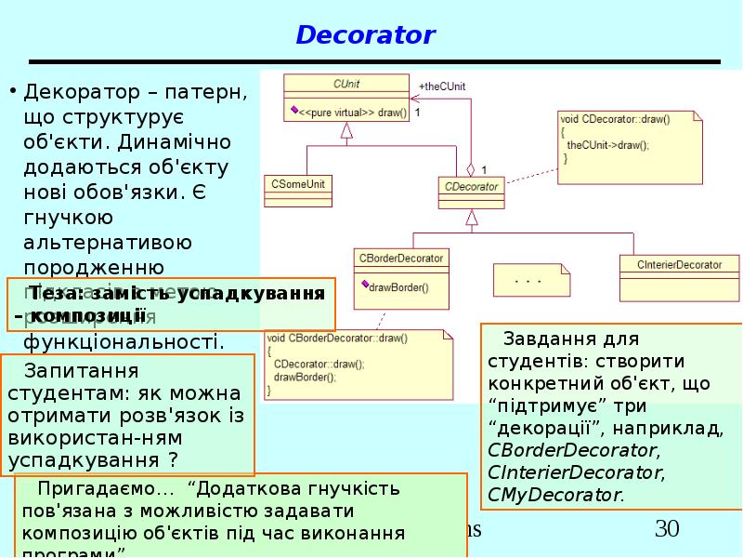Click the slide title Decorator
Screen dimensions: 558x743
tap(365, 35)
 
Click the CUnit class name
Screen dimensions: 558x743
tap(346, 84)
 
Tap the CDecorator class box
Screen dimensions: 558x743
tap(472, 186)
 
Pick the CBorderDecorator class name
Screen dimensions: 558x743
tap(401, 258)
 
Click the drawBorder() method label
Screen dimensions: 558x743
tap(398, 287)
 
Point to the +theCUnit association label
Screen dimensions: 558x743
tap(442, 86)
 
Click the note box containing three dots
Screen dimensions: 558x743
tap(528, 279)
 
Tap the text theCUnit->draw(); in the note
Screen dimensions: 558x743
tap(607, 145)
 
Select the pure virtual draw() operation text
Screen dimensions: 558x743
tap(352, 112)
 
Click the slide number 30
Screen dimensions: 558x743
tap(667, 530)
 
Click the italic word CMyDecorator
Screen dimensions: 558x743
tap(554, 495)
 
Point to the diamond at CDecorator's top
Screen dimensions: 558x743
tap(471, 170)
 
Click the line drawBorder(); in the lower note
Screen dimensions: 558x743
tap(305, 377)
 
